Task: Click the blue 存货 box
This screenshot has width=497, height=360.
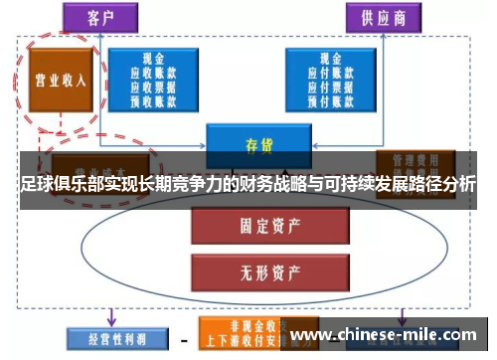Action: pos(258,144)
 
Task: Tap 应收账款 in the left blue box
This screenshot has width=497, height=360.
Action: pos(153,72)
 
